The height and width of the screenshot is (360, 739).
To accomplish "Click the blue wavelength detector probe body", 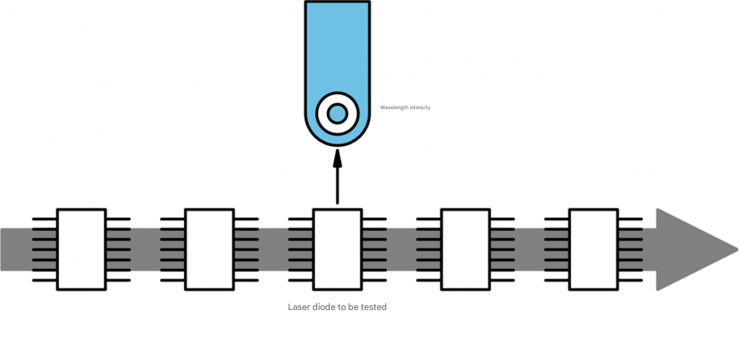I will coord(337,49).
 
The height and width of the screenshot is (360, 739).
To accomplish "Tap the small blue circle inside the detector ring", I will coord(337,113).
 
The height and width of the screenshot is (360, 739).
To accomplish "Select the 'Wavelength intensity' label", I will coord(405,108).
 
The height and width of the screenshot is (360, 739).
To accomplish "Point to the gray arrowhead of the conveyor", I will coord(694,249).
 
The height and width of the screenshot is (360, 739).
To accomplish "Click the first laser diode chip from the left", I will coord(82,249).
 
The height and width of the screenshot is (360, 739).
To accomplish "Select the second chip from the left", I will coord(209,249).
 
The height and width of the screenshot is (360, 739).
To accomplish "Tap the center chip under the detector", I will coord(337,249).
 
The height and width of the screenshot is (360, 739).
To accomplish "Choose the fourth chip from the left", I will coord(465,249).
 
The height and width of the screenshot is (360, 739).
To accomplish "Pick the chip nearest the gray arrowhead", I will coord(593,249).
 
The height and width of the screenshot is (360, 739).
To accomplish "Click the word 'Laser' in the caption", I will coord(299,307).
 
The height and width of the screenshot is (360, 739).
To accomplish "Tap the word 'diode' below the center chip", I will coord(324,307).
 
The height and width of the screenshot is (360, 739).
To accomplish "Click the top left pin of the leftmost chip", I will coord(44,219).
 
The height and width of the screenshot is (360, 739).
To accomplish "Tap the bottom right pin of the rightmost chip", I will coord(631,280).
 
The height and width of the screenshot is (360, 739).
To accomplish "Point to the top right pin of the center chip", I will coord(374,219).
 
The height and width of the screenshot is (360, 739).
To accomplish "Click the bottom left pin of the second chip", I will coord(173,280).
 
